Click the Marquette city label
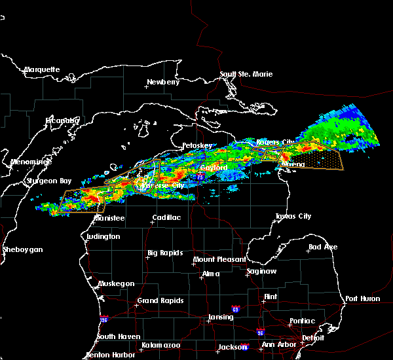(42, 69)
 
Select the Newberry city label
(162, 82)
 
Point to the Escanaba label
(63, 120)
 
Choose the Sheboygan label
(22, 249)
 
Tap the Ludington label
(103, 236)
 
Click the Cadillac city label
(166, 217)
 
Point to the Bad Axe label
(323, 247)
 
